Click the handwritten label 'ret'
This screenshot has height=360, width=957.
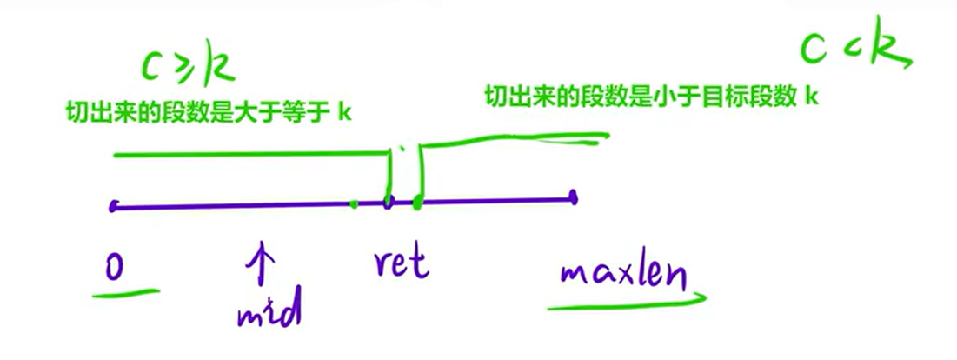[402, 263]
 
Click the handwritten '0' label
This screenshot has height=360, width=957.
[115, 264]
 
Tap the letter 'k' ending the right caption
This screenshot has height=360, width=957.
[811, 96]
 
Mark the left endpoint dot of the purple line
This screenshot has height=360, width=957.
[114, 206]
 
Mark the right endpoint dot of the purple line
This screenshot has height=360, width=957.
[574, 198]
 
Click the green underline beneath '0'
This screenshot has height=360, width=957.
[127, 292]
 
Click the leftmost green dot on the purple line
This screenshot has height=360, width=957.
[353, 205]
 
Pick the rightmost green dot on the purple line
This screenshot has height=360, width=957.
[418, 203]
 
